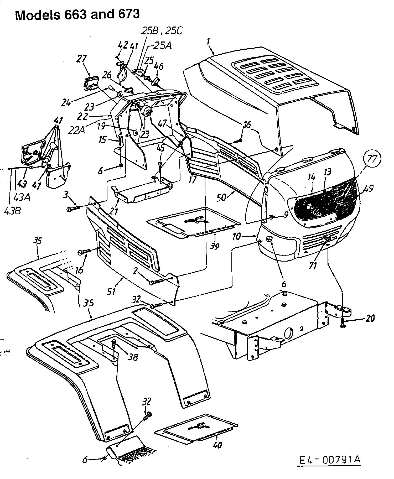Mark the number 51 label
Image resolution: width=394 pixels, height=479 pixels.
click(112, 291)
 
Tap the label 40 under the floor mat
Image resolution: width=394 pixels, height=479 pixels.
click(218, 445)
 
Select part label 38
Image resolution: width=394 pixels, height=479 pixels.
click(133, 357)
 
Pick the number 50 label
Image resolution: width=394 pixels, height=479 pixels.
click(221, 197)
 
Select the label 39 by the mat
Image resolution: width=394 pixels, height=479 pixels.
click(215, 246)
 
